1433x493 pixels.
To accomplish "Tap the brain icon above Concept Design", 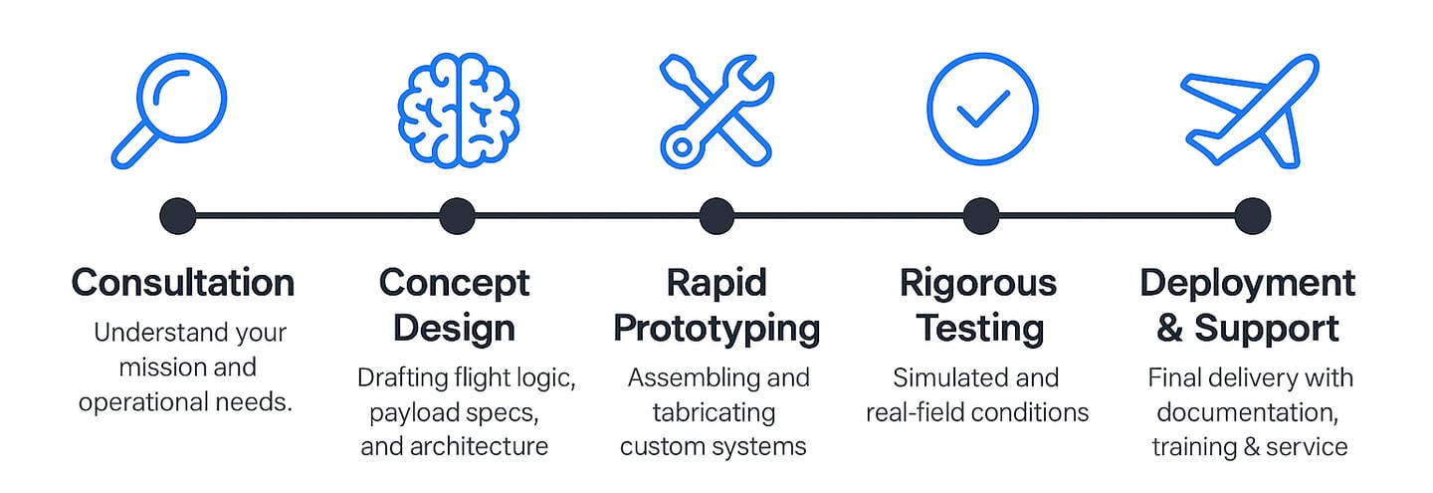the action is click(x=458, y=111).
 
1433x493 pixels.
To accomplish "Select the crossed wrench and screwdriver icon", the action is click(x=717, y=112).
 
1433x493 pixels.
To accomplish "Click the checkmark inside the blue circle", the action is click(x=982, y=110).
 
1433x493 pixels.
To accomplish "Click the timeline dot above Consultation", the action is click(x=178, y=216).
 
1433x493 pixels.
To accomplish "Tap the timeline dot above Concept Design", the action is click(x=458, y=216).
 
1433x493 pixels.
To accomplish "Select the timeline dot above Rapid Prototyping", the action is click(x=716, y=216).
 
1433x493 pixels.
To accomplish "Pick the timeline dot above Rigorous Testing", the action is click(x=981, y=216).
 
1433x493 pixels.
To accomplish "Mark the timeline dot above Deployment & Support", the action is click(x=1252, y=216).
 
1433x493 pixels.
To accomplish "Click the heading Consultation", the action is click(x=183, y=283).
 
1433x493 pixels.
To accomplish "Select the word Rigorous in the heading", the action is click(x=978, y=284).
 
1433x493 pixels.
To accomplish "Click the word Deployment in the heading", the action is click(x=1248, y=284).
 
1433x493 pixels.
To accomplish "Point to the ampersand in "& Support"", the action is click(x=1169, y=329).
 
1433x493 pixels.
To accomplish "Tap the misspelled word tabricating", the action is click(x=714, y=413).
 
